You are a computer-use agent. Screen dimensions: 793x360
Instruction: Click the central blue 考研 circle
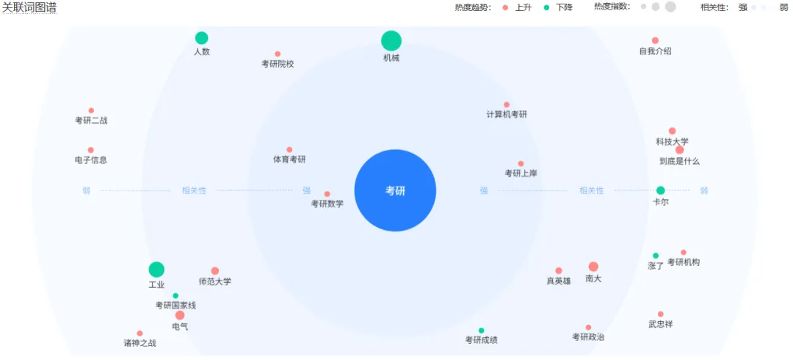click(x=395, y=191)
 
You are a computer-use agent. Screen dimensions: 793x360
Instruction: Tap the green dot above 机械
click(x=391, y=41)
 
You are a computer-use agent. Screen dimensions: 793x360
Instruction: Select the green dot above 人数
click(x=202, y=38)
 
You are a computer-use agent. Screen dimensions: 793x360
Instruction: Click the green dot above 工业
click(x=156, y=270)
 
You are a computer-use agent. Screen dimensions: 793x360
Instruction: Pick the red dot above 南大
click(x=593, y=267)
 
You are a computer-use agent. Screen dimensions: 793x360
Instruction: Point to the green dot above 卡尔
click(x=661, y=190)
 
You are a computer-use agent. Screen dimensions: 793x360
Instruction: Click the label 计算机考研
click(x=507, y=115)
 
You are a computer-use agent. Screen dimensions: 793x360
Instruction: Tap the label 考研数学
click(x=327, y=204)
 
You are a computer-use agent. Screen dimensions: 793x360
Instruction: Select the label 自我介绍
click(x=655, y=51)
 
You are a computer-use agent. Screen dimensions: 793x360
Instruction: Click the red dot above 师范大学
click(x=215, y=271)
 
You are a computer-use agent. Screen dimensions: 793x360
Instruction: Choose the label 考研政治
click(x=588, y=337)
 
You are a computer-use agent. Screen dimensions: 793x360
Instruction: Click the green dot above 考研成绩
click(x=482, y=331)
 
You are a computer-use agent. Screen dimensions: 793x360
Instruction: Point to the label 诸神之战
click(x=140, y=343)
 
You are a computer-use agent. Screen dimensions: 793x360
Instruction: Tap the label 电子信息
click(x=91, y=160)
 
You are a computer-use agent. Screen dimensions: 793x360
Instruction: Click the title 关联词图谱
click(x=29, y=7)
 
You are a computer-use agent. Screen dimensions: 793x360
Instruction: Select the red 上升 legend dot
click(x=505, y=7)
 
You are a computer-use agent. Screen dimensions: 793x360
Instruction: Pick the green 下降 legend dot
click(x=546, y=7)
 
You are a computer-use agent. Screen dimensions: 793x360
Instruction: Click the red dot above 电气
click(x=180, y=315)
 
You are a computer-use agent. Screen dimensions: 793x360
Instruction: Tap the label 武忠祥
click(x=660, y=324)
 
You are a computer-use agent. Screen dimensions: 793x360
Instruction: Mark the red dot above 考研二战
click(x=91, y=111)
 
